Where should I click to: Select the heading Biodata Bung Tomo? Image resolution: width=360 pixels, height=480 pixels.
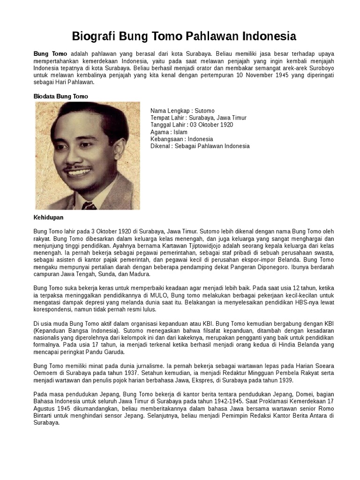(61, 96)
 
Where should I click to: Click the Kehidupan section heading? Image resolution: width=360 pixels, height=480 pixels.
(48, 217)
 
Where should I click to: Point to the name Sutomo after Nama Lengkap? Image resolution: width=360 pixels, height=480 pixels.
(204, 111)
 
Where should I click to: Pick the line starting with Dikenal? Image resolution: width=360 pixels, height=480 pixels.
(200, 146)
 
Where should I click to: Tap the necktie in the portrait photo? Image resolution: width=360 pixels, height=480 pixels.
(89, 205)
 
